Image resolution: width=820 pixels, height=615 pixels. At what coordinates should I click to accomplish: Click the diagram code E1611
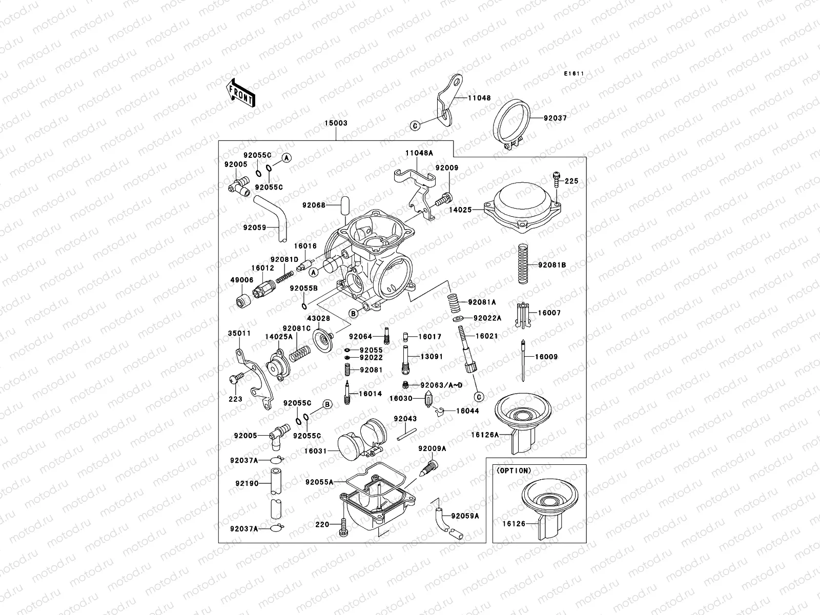pos(575,74)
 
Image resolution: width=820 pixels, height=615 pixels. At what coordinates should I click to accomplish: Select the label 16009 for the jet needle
pos(546,357)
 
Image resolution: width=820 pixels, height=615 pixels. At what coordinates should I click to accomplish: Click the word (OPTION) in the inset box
pos(514,470)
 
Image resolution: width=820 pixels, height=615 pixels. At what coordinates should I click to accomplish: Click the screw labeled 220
pos(343,528)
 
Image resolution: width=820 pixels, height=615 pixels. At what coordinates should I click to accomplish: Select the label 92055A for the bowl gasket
pos(319,482)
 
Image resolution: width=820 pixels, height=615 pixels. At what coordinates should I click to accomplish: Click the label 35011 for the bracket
pos(239,333)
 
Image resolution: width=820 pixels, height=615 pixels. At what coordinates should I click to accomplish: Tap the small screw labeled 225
pos(556,180)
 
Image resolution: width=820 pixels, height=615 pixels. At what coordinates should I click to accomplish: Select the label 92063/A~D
pos(441,384)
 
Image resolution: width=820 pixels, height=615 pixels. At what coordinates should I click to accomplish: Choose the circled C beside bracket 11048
pos(415,125)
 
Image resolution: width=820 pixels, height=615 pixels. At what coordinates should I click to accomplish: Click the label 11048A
pos(419,153)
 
